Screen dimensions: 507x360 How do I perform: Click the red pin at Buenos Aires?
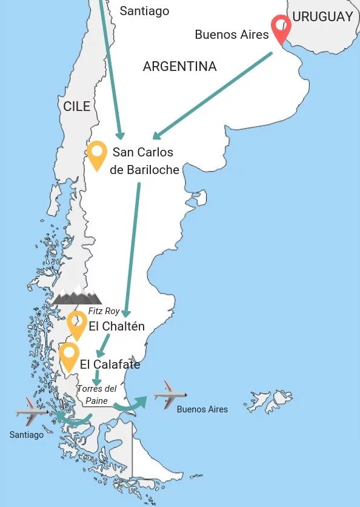point(281,27)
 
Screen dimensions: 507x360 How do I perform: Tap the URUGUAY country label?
point(322,17)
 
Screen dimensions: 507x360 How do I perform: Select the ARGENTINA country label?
point(179,67)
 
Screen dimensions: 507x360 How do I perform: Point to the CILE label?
point(77,107)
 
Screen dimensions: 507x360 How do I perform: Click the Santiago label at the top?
point(144,11)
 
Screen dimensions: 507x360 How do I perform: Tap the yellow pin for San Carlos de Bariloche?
point(97,154)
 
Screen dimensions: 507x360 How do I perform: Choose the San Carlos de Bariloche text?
point(144,161)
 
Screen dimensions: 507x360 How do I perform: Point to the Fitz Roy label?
point(104,311)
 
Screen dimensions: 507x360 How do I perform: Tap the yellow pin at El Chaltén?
point(77,324)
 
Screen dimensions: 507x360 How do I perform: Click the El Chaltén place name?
point(116,326)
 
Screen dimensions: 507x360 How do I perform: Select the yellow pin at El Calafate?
point(70,356)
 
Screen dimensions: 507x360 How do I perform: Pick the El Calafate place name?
point(110,364)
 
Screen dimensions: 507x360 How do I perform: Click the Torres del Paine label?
point(96,394)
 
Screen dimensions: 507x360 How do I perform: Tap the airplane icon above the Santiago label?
point(30,412)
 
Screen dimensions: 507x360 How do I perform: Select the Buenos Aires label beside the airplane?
point(202,409)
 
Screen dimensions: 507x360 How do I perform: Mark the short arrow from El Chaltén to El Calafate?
point(104,346)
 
